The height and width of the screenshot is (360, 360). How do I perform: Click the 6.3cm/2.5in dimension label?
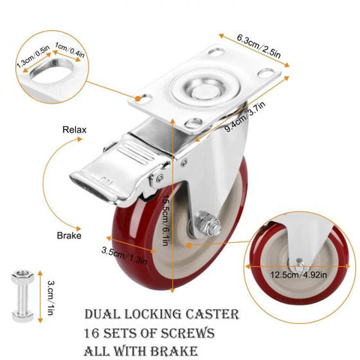pyautogui.click(x=259, y=46)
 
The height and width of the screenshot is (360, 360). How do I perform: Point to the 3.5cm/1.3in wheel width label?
pyautogui.click(x=124, y=255)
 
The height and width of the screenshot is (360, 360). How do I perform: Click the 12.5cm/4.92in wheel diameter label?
pyautogui.click(x=298, y=275)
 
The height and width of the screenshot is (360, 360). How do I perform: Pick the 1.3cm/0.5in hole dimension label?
pyautogui.click(x=33, y=56)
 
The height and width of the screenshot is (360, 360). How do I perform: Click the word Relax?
pyautogui.click(x=74, y=130)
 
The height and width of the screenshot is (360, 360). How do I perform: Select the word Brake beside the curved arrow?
pyautogui.click(x=69, y=235)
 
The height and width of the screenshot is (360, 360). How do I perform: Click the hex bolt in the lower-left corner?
pyautogui.click(x=22, y=295)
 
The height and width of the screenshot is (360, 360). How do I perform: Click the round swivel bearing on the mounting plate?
pyautogui.click(x=205, y=88)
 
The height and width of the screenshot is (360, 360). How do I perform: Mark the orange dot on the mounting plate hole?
pyautogui.click(x=137, y=99)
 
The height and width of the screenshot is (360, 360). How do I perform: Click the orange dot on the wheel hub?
pyautogui.click(x=189, y=245)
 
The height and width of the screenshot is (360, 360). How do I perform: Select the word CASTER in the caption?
pyautogui.click(x=212, y=314)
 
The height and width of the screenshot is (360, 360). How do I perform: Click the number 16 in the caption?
pyautogui.click(x=91, y=333)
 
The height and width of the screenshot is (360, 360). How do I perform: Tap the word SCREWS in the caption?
pyautogui.click(x=187, y=333)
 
